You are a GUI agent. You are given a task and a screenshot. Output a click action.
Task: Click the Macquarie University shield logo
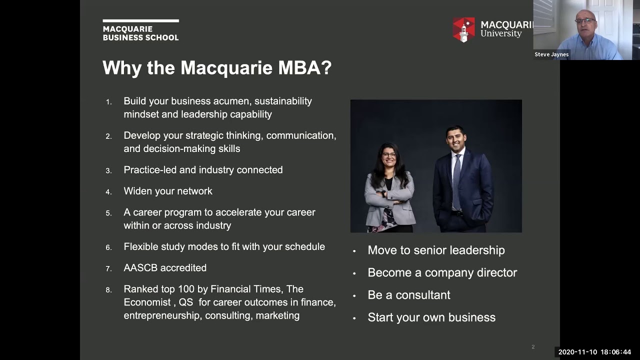tap(463, 29)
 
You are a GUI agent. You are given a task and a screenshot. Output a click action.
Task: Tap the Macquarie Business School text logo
tap(140, 30)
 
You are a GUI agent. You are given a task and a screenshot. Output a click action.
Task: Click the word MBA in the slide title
tap(305, 67)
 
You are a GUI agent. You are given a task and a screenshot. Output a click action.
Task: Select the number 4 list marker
tap(108, 192)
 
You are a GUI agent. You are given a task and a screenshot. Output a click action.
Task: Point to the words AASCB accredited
tap(165, 268)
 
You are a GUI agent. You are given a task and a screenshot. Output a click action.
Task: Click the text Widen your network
tap(168, 191)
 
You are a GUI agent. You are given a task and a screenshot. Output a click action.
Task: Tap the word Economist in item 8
tap(147, 302)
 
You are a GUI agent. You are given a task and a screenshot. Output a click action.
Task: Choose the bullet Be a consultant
tap(408, 295)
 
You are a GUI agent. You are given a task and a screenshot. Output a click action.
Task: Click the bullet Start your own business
tap(431, 317)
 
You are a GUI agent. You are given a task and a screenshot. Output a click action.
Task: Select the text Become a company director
tap(442, 272)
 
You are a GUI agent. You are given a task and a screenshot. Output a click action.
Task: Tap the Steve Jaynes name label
tap(551, 54)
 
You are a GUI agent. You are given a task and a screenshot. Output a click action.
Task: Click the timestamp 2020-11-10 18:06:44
tap(594, 352)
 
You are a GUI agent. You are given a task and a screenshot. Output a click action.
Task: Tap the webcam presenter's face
tap(585, 25)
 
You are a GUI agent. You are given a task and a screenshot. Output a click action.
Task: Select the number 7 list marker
tap(108, 269)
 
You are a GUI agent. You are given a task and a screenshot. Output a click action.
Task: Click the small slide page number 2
tap(533, 347)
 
